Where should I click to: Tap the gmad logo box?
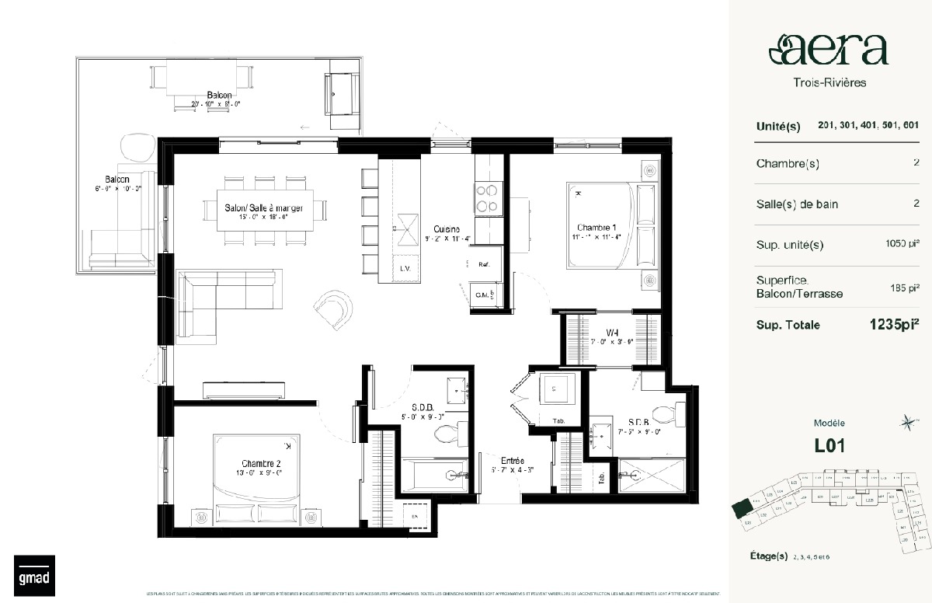click(x=30, y=575)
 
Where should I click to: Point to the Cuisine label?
click(x=447, y=229)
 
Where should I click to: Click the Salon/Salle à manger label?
click(x=263, y=207)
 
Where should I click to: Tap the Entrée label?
click(x=496, y=461)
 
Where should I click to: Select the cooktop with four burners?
click(x=488, y=197)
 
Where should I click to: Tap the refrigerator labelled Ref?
click(x=483, y=265)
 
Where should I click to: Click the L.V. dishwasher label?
click(x=404, y=268)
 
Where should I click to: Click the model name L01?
click(x=829, y=446)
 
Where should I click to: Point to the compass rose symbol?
click(x=906, y=423)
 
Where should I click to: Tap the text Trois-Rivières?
click(x=829, y=82)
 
